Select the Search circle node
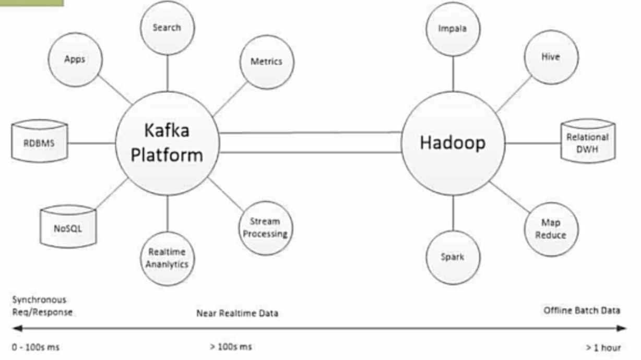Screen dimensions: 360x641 pyautogui.click(x=167, y=28)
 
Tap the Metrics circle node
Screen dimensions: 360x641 pyautogui.click(x=266, y=62)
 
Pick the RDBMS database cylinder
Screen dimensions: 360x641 pyautogui.click(x=40, y=141)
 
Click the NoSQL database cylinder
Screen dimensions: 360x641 pyautogui.click(x=68, y=229)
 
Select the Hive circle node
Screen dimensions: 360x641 pyautogui.click(x=551, y=57)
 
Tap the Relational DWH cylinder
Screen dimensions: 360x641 pyautogui.click(x=587, y=142)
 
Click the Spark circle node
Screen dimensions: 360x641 pyautogui.click(x=452, y=257)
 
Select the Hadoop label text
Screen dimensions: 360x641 pyautogui.click(x=452, y=142)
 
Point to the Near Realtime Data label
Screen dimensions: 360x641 pyautogui.click(x=237, y=314)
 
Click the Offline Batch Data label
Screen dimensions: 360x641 pyautogui.click(x=581, y=310)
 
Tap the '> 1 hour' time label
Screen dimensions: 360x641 pyautogui.click(x=603, y=347)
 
